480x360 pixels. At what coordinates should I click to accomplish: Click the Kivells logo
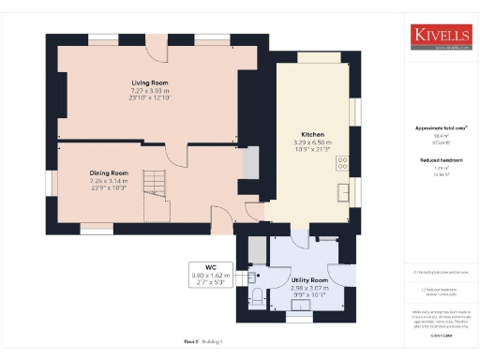pyautogui.click(x=441, y=37)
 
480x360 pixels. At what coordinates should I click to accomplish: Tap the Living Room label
pyautogui.click(x=148, y=82)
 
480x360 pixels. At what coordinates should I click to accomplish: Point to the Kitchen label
pyautogui.click(x=312, y=134)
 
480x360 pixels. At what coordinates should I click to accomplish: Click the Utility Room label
pyautogui.click(x=309, y=280)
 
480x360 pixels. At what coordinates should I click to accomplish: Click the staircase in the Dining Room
pyautogui.click(x=153, y=183)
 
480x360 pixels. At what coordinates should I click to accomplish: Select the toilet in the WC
pyautogui.click(x=257, y=299)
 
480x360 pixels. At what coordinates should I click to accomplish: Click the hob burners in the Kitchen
pyautogui.click(x=342, y=161)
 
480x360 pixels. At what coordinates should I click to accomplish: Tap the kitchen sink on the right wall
pyautogui.click(x=344, y=193)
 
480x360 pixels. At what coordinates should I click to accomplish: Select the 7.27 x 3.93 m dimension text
pyautogui.click(x=148, y=90)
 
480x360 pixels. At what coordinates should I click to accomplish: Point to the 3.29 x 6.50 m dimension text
pyautogui.click(x=312, y=142)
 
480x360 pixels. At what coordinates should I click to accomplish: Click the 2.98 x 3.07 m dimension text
pyautogui.click(x=309, y=288)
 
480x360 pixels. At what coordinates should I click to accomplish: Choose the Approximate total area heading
pyautogui.click(x=440, y=127)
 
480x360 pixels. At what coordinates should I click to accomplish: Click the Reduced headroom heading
pyautogui.click(x=440, y=160)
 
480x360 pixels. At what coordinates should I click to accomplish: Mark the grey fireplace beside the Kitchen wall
pyautogui.click(x=249, y=164)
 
